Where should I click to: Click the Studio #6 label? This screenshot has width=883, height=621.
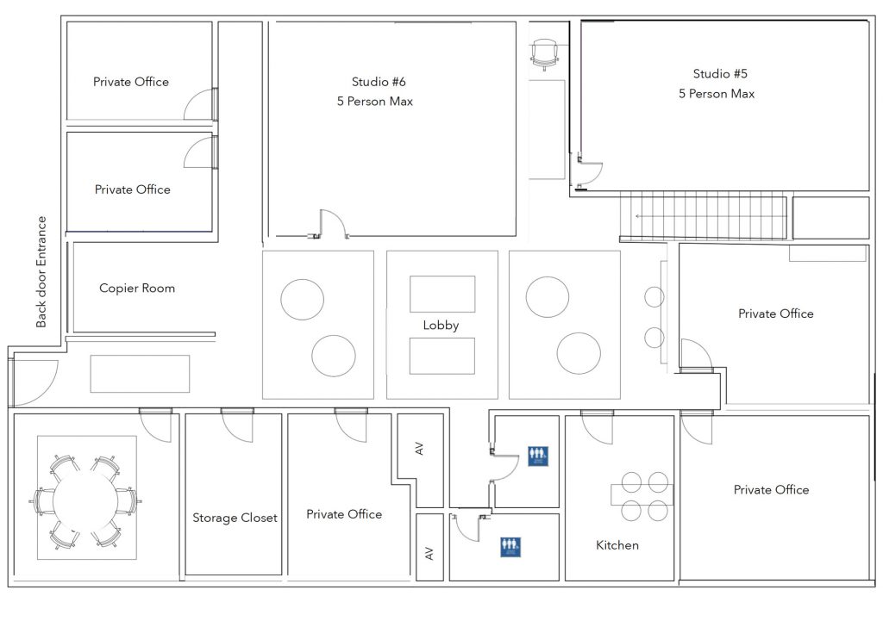[x=379, y=82]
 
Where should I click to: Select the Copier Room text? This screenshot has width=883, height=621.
[x=136, y=289]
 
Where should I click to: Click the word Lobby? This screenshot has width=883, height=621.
[x=441, y=326]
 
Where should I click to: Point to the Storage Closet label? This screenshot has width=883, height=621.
[x=235, y=518]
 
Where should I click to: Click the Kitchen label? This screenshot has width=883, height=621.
[x=617, y=545]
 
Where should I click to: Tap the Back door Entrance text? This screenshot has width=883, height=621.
[x=41, y=272]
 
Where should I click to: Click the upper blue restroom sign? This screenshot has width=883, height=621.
[x=537, y=455]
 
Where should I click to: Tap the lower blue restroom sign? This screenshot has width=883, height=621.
[x=511, y=546]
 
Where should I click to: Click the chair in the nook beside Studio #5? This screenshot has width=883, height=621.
[x=545, y=53]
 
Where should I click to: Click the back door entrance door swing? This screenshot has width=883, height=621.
[x=33, y=382]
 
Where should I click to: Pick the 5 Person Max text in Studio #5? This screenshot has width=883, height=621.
[x=717, y=94]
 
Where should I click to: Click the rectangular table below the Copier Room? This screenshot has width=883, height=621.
[x=140, y=374]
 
